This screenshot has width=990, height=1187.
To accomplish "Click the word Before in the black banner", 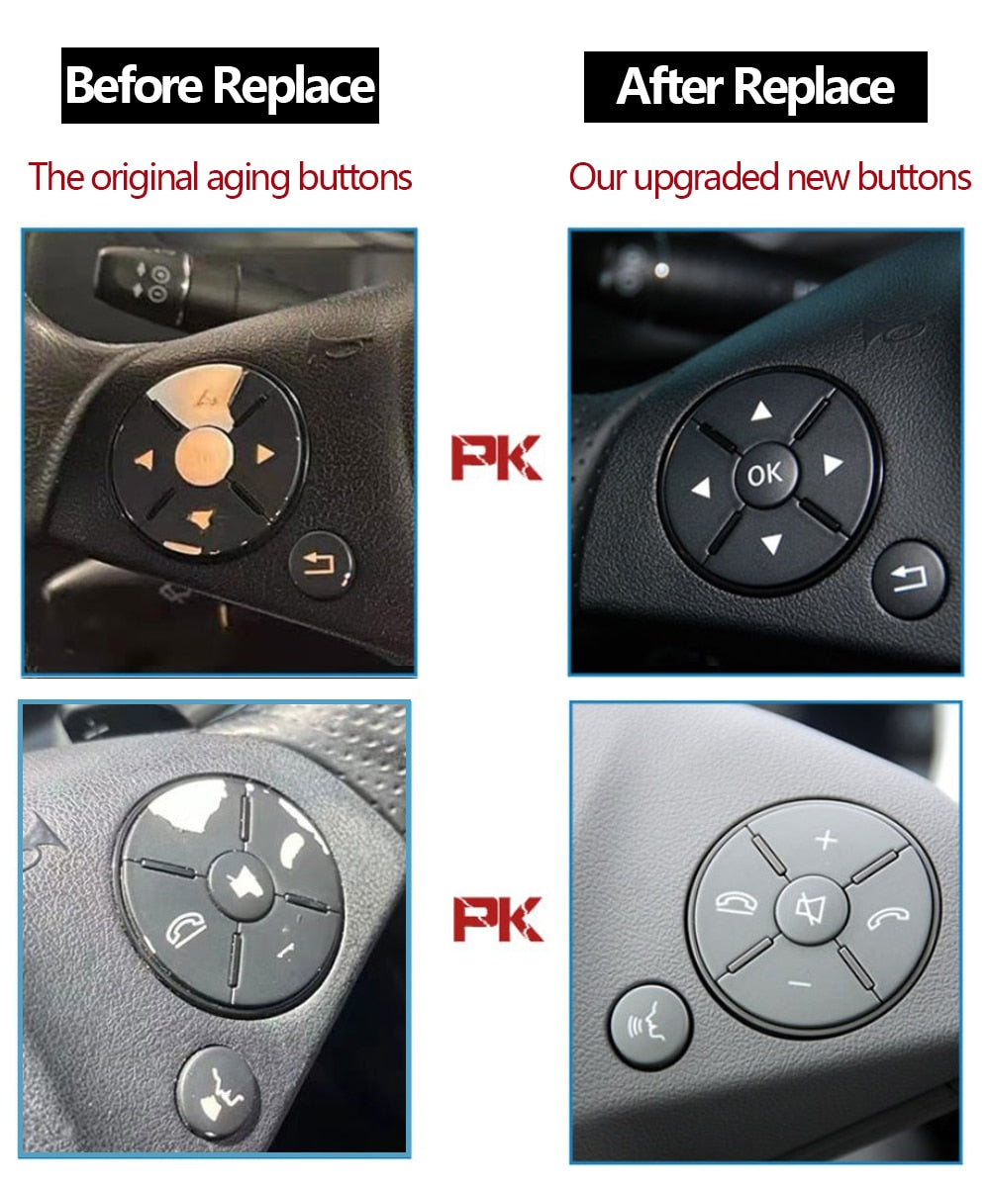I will [x=135, y=86].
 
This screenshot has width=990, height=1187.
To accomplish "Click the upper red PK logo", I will [x=496, y=458].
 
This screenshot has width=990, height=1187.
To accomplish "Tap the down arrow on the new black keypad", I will [x=771, y=543].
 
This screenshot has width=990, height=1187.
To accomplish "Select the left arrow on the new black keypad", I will [x=701, y=488].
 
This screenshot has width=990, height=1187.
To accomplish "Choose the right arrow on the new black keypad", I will [x=833, y=465].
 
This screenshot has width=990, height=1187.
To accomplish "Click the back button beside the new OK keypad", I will [x=909, y=579].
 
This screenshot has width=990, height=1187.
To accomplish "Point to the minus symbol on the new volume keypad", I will [x=801, y=983].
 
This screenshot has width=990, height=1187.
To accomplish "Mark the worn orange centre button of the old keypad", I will [x=204, y=457].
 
